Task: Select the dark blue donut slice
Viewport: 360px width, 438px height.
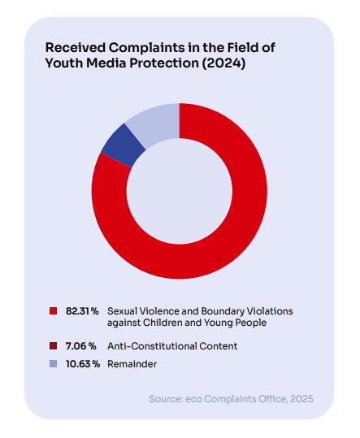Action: [x=123, y=145]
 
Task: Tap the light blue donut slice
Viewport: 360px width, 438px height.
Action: [x=156, y=123]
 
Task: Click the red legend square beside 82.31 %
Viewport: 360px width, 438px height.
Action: [x=53, y=311]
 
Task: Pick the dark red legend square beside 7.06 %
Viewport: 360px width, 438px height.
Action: [x=53, y=346]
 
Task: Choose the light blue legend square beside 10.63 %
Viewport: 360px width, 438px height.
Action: [x=53, y=364]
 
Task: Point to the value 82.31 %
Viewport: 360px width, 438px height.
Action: [x=82, y=311]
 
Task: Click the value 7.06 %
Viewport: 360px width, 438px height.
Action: [x=81, y=346]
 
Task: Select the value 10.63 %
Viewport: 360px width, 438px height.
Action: [x=83, y=364]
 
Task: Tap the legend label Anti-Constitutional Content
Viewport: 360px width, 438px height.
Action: [x=172, y=346]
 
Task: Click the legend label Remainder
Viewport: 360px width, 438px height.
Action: [x=132, y=364]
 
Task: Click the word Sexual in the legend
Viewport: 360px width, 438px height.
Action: [x=122, y=311]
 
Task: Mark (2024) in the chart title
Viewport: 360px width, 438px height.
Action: [x=223, y=63]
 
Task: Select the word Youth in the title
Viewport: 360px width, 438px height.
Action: [x=64, y=63]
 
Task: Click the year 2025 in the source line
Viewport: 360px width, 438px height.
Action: [x=301, y=399]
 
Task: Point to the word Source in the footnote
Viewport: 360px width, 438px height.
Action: [x=166, y=399]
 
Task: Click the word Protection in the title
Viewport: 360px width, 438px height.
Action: [x=163, y=63]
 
